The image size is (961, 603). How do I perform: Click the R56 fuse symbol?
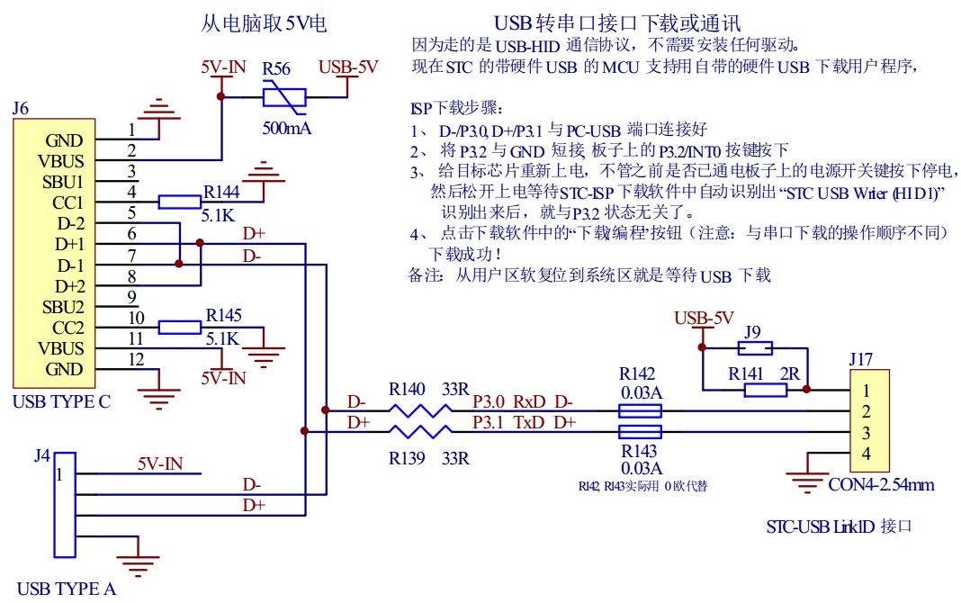[x=283, y=97]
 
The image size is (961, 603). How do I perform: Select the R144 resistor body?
[x=179, y=202]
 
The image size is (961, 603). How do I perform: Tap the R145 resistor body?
[x=179, y=327]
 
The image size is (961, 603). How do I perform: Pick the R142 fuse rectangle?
[x=641, y=411]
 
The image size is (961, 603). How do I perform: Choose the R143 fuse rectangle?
[x=641, y=432]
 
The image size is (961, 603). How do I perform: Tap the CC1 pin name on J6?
[x=68, y=202]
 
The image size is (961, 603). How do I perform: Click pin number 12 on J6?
[x=136, y=360]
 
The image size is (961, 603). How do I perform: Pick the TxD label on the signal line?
[x=528, y=422]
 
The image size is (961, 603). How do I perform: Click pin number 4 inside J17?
[x=866, y=454]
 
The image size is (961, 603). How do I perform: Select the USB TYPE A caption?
[x=67, y=589]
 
